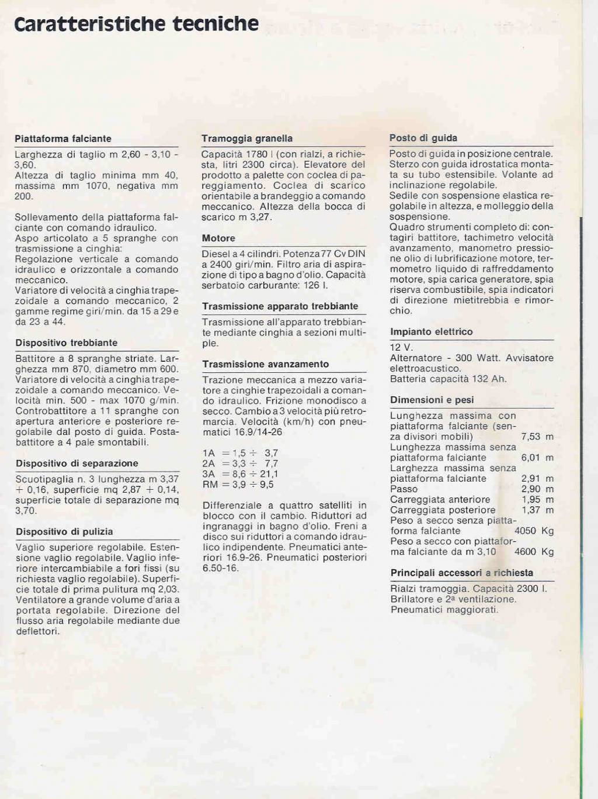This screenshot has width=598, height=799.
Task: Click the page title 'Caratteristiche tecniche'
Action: pos(136,24)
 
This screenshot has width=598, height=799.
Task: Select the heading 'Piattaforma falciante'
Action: pos(63,139)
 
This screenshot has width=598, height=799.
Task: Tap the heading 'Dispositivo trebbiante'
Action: pos(67,343)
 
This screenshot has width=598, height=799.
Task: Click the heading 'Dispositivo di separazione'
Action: pos(77,464)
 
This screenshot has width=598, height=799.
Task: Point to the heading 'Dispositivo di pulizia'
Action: pos(64,532)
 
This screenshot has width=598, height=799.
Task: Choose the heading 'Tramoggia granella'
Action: pos(247,139)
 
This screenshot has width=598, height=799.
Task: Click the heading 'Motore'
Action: pos(218,238)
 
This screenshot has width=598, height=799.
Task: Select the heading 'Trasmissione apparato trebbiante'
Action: pos(280,306)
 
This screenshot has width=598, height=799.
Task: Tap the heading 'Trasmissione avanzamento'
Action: pos(266,364)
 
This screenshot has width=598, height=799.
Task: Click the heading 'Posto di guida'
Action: pos(423,138)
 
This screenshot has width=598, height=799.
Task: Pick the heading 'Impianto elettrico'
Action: pos(432,332)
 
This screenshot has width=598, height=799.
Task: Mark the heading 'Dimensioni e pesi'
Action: pos(432,400)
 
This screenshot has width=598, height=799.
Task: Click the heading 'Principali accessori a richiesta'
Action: pos(462,573)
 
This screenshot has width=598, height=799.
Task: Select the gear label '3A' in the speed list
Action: pos(209,474)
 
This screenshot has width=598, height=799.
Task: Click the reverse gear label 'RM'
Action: pos(210,485)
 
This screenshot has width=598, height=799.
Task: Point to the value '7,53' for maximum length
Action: pos(531,437)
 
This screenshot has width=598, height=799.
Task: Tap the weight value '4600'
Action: pos(525,552)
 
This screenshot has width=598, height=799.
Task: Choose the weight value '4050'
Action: pos(525,531)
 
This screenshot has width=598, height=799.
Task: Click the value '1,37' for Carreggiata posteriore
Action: pos(531,510)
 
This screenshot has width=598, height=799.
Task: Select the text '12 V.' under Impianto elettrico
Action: pos(401,348)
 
